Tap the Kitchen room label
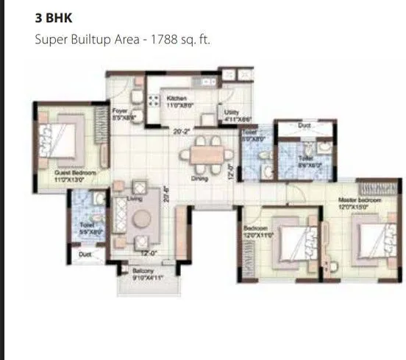point(177,98)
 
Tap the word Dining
point(199,179)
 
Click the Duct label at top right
point(304,126)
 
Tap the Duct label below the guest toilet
point(85,255)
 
